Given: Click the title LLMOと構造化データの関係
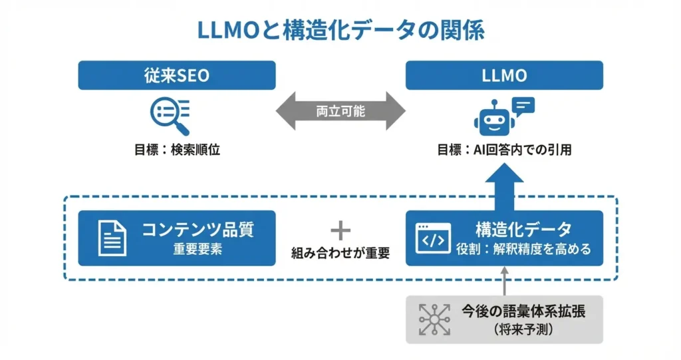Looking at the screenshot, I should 340,30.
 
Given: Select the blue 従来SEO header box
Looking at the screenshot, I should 176,75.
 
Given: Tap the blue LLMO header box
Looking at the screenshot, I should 504,75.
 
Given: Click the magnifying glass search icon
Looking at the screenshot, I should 170,115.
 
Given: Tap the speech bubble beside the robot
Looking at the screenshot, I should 523,106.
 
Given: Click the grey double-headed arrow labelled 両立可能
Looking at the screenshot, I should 340,111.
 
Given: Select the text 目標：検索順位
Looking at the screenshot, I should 176,150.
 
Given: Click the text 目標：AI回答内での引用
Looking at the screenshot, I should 504,150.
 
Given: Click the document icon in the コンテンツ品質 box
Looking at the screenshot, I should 112,238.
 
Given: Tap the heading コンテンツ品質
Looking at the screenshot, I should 198,230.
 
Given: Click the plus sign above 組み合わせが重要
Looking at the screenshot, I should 340,230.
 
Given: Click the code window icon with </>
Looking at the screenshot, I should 432,238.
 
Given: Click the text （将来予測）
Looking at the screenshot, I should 524,329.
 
